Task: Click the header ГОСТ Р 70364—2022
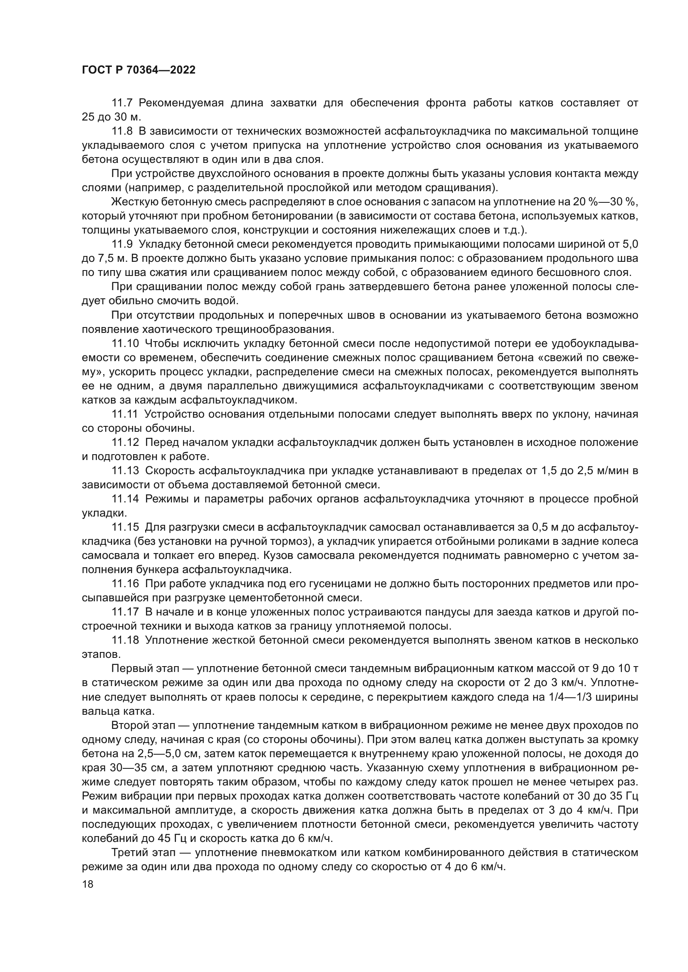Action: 139,70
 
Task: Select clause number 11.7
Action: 122,103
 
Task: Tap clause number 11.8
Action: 122,131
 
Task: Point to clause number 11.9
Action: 122,244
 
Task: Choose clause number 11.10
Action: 125,343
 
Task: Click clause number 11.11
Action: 125,414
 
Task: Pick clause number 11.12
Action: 125,443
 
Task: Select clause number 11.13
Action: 125,471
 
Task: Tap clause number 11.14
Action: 125,499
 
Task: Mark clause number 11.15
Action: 125,527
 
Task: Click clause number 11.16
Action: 125,584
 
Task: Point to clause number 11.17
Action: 125,612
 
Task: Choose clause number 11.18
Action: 125,640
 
